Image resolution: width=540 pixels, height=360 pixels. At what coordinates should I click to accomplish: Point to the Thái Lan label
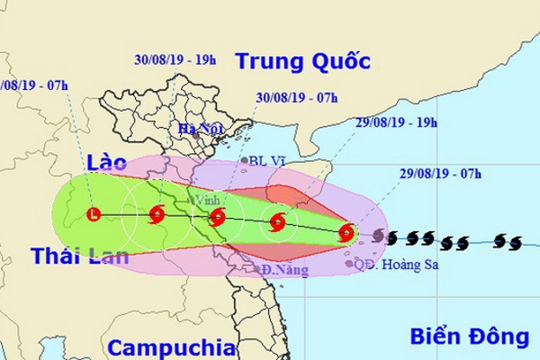[x=75, y=256]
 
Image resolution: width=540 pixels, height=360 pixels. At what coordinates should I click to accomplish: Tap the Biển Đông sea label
[x=469, y=337]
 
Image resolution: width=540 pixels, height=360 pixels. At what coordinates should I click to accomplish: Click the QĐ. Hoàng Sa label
[x=400, y=265]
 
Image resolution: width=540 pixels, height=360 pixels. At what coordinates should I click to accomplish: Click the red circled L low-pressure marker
[x=95, y=214]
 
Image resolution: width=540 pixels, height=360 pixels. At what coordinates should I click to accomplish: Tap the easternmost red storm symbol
[x=347, y=234]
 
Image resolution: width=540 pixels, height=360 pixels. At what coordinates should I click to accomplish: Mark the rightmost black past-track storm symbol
[x=514, y=241]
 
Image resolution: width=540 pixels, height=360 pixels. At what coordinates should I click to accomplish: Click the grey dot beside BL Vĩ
[x=244, y=162]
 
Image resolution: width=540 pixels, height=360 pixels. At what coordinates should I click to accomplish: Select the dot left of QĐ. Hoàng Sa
[x=349, y=264]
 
